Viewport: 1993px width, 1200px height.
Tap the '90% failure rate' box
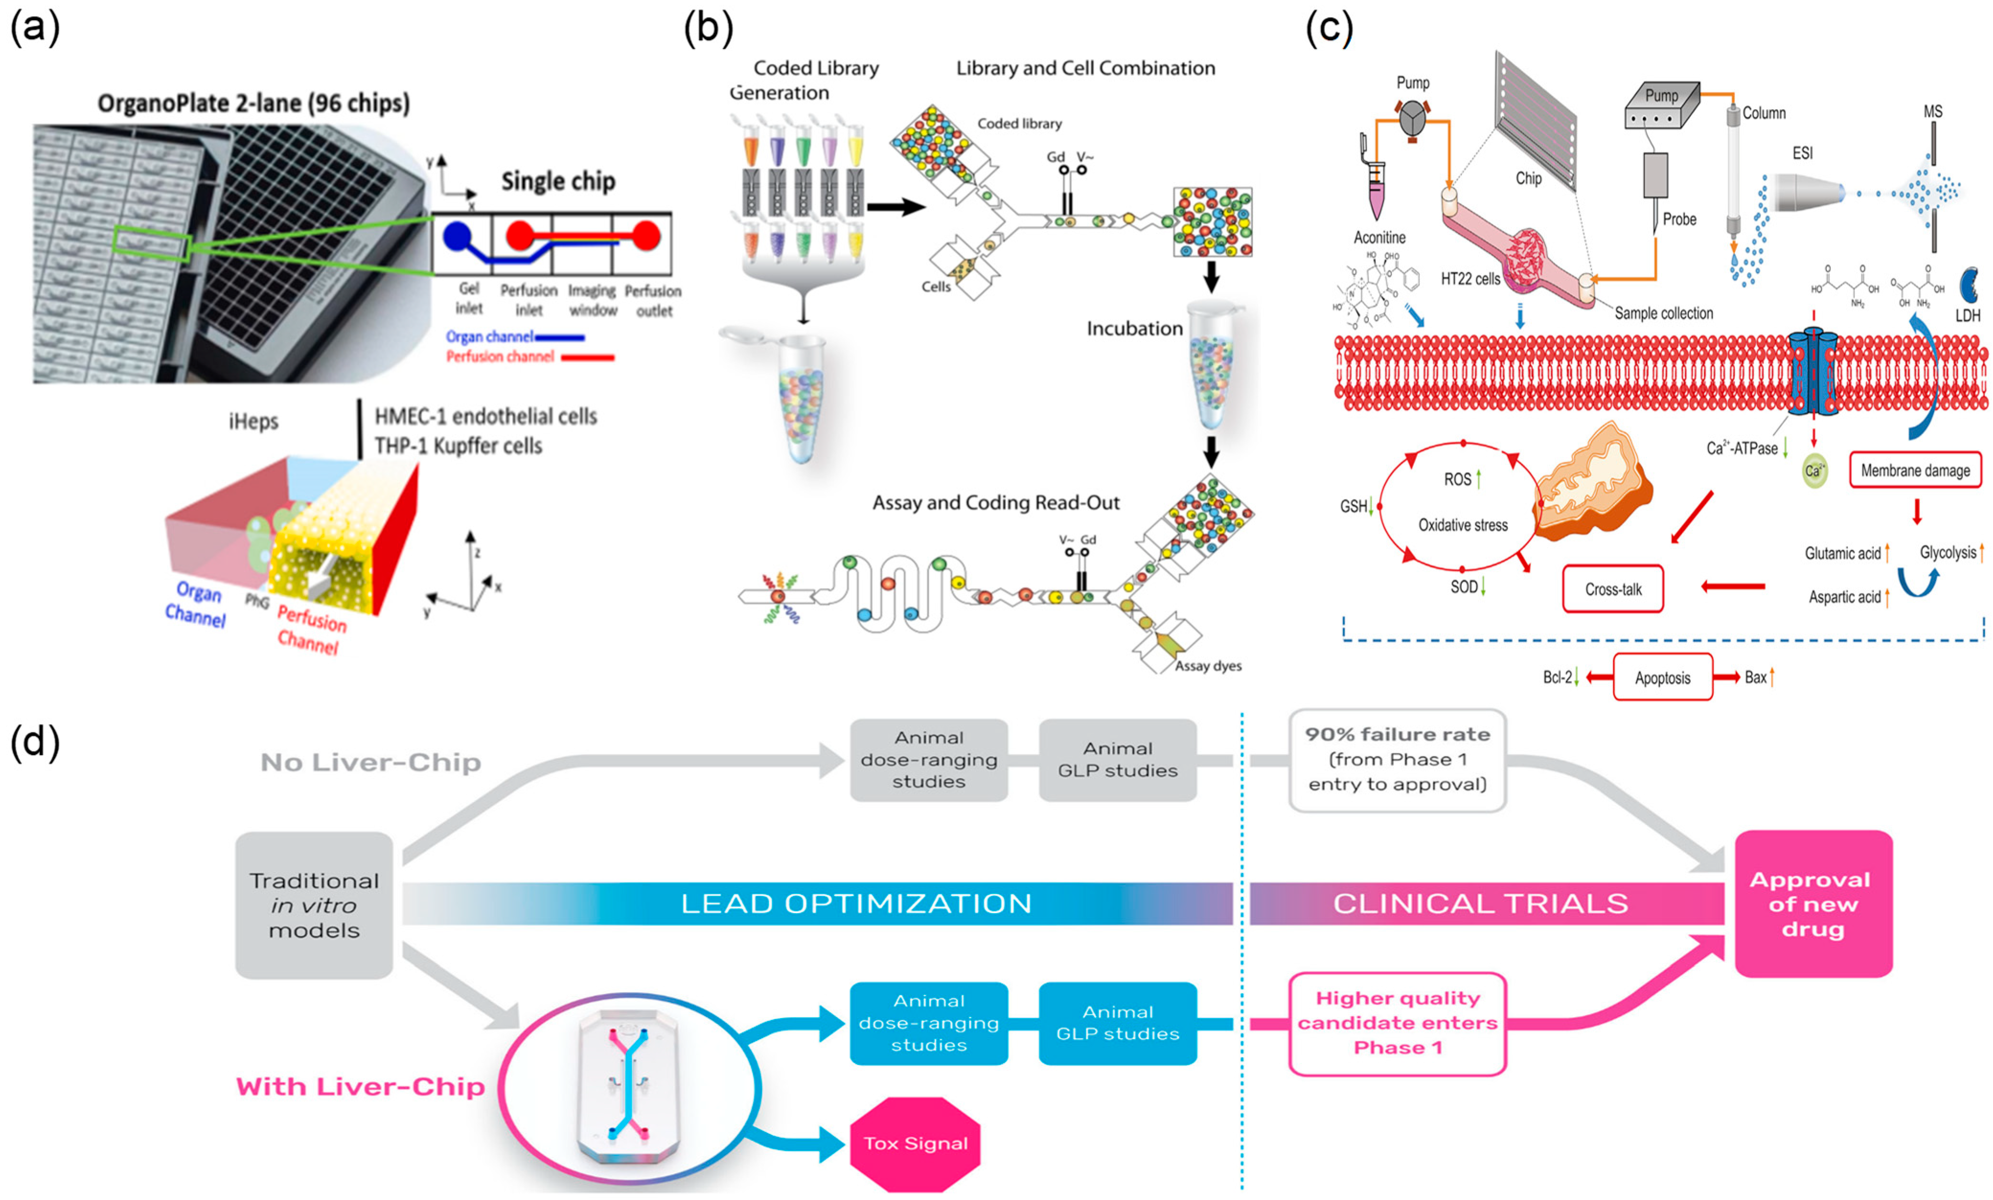coord(1397,759)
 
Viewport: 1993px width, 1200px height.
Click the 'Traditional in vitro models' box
coord(314,905)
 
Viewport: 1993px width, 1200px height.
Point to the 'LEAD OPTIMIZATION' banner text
coord(856,903)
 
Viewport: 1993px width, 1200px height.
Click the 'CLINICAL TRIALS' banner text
coord(1480,903)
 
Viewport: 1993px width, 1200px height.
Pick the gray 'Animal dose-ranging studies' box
coord(929,759)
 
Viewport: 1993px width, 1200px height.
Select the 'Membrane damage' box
coord(1915,471)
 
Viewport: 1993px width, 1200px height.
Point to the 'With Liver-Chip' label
coord(360,1086)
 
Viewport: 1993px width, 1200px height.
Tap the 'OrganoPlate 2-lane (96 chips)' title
coord(253,103)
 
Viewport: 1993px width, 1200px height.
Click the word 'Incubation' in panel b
coord(1134,328)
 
